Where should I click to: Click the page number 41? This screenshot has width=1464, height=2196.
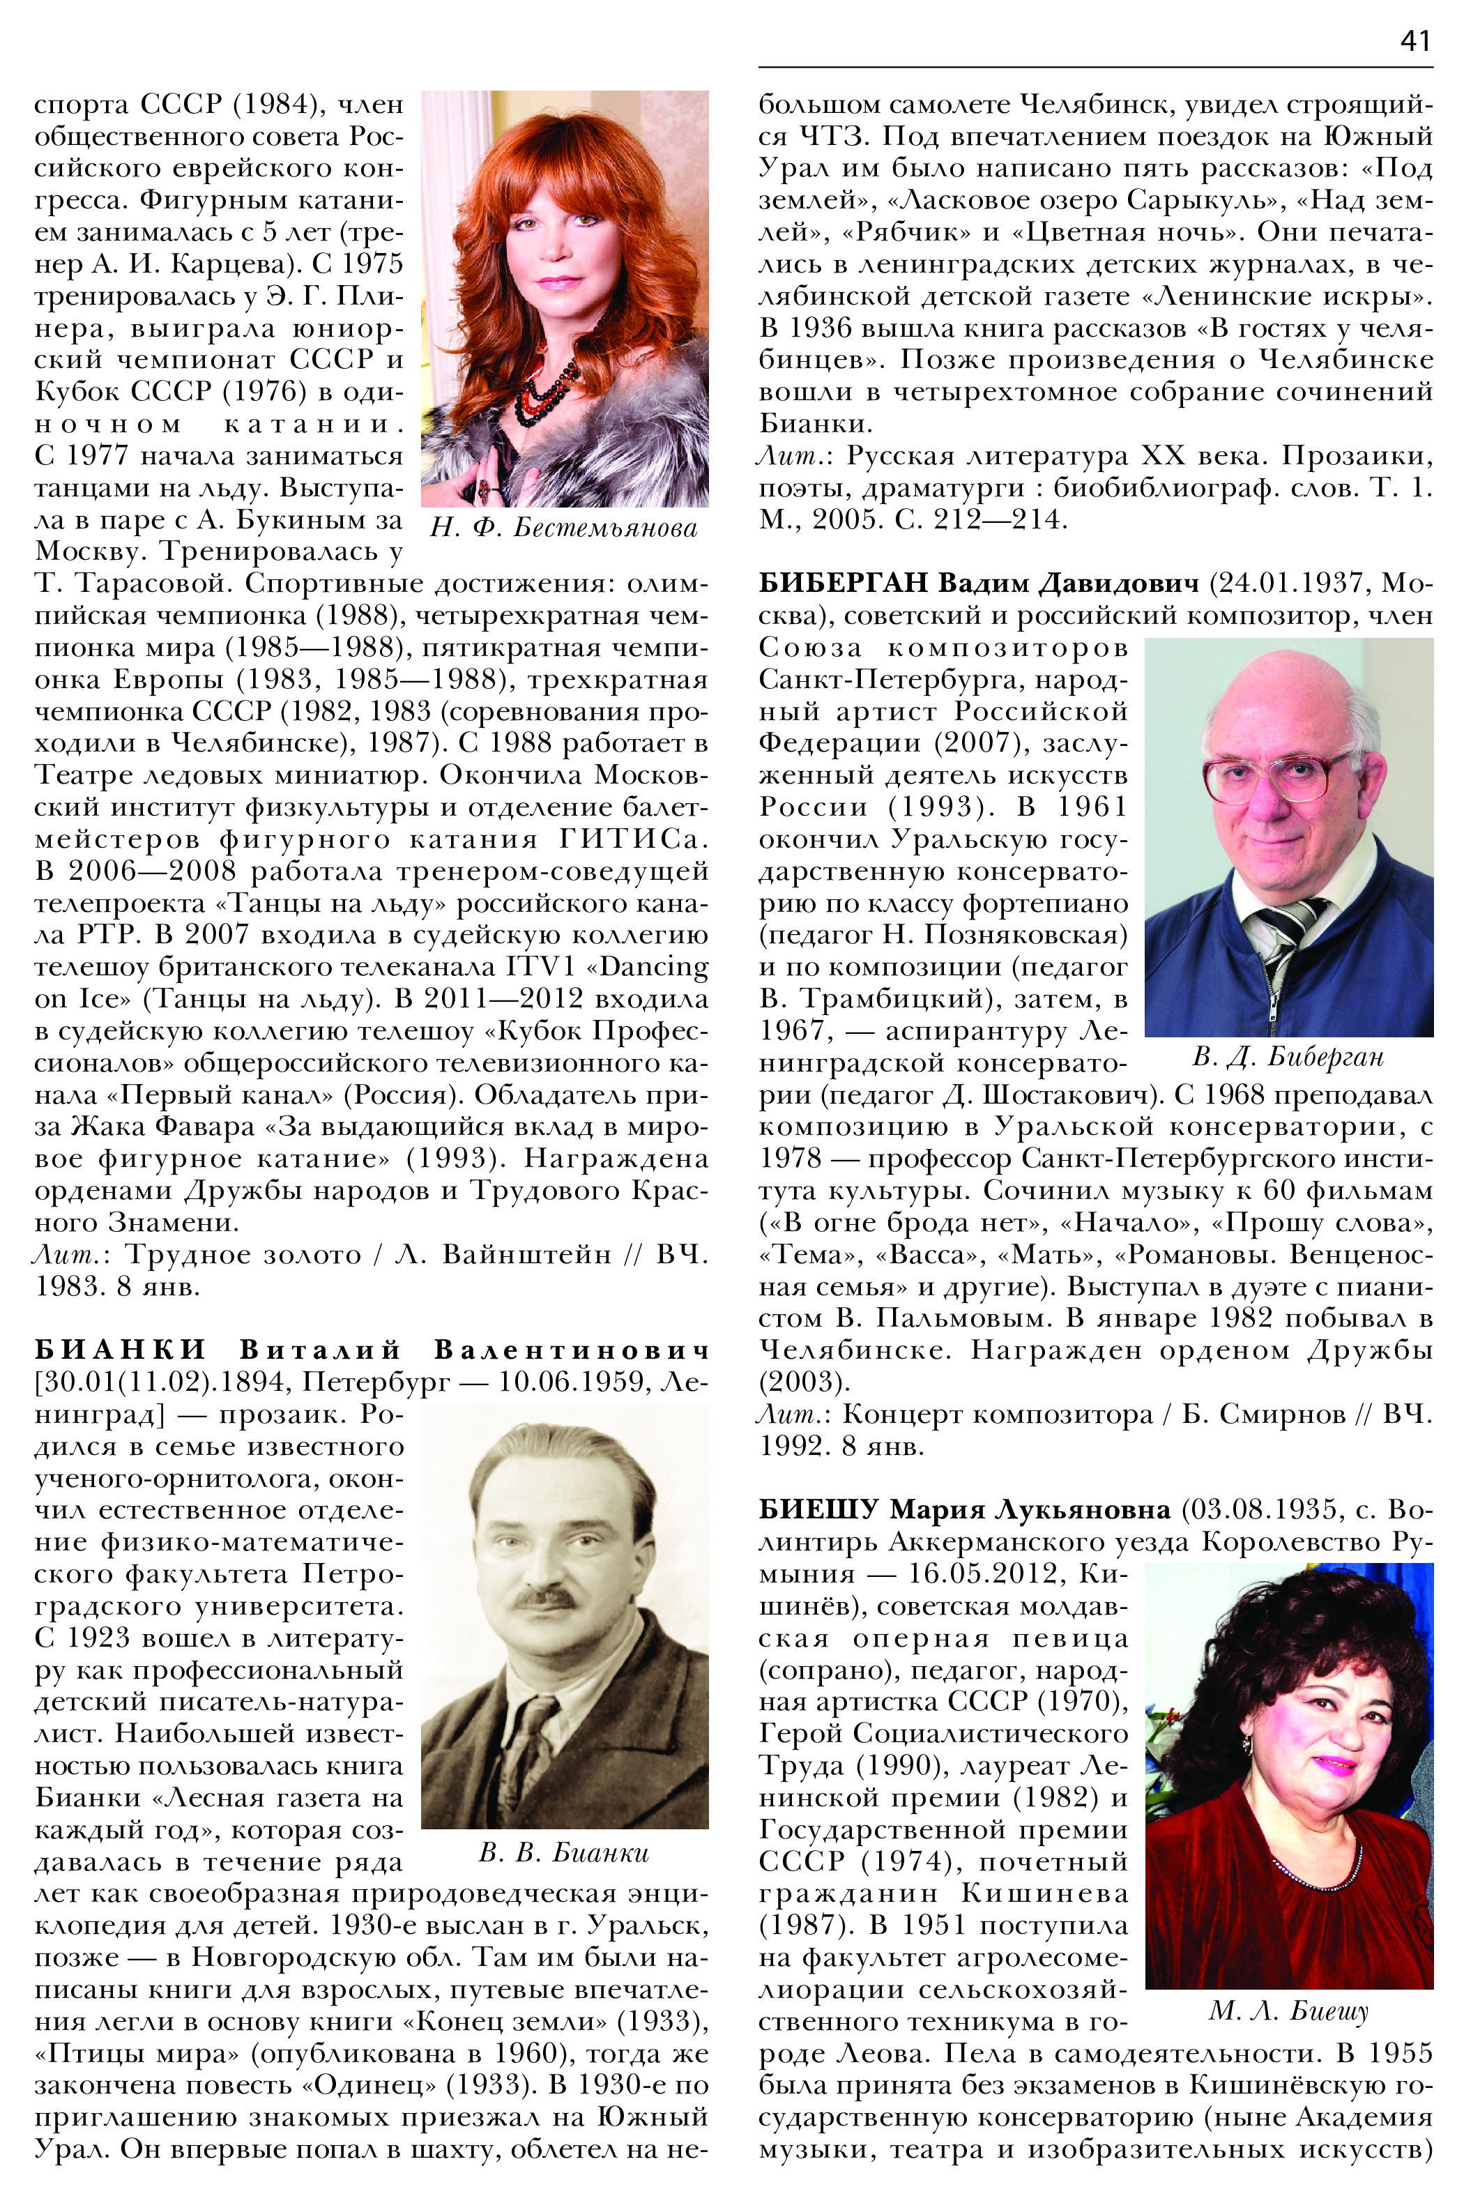coord(1415,42)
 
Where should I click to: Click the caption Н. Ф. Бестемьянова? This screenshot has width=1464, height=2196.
coord(563,528)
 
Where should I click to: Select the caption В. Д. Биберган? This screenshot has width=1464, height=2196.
coord(1288,1057)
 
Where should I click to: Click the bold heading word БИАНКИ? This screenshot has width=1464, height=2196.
coord(121,1350)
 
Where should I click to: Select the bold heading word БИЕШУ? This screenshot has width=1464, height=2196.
coord(818,1510)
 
